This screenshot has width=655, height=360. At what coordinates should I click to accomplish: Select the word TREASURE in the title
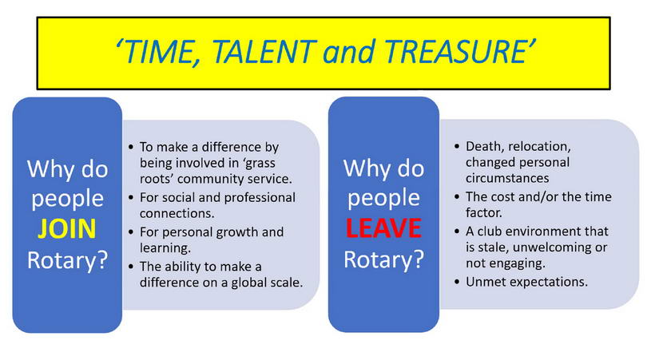pyautogui.click(x=455, y=51)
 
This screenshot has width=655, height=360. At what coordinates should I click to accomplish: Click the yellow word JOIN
pyautogui.click(x=67, y=229)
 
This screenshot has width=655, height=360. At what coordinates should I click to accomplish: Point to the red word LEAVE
pyautogui.click(x=383, y=228)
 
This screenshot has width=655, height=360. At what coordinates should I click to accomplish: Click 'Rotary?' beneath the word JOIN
pyautogui.click(x=68, y=259)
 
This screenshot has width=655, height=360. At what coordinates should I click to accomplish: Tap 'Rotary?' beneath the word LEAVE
pyautogui.click(x=384, y=259)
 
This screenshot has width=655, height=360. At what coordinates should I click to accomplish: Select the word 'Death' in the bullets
pyautogui.click(x=483, y=147)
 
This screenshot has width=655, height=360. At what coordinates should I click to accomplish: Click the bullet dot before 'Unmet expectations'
pyautogui.click(x=457, y=283)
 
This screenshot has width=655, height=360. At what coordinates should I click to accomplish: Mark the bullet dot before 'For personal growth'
pyautogui.click(x=131, y=232)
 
